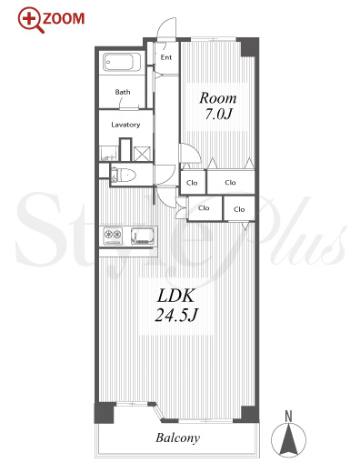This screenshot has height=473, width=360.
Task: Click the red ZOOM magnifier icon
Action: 30,20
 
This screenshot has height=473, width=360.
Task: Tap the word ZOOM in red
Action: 64,19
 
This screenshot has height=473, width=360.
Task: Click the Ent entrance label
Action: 166,57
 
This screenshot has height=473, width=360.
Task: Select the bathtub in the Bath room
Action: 122,63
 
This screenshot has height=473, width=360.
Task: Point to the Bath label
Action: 123,92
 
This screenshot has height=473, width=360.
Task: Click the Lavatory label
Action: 125,125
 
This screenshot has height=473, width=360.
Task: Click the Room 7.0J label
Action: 218,106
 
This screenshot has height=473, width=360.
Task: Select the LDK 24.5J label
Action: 176,305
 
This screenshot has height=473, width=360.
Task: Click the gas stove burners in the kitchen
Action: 113,236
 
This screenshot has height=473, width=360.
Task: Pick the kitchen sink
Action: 143,236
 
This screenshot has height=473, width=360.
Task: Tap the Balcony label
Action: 178,438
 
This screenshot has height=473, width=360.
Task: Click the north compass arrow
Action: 288,438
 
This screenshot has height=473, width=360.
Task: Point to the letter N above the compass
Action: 288,417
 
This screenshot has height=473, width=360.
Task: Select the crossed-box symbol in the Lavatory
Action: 142,154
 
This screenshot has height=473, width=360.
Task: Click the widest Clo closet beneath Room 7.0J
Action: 231,182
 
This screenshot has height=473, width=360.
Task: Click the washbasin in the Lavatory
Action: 108,154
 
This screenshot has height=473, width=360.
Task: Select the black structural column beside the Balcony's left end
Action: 105,413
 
